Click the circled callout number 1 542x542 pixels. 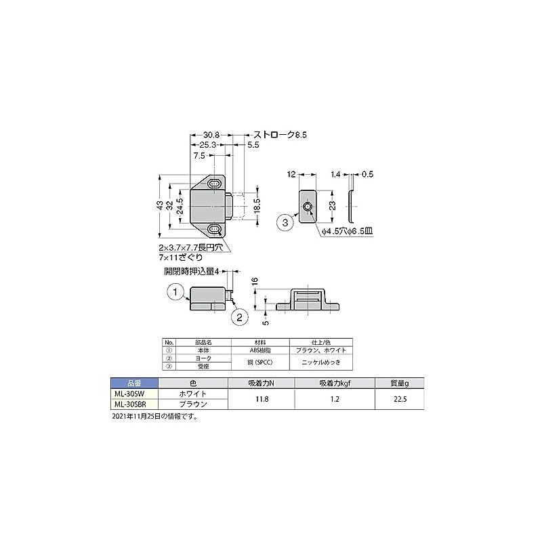click(x=175, y=292)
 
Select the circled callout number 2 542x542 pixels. click(x=238, y=316)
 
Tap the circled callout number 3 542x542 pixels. click(x=286, y=222)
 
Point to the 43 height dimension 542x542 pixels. click(x=160, y=205)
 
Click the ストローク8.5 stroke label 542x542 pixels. click(x=280, y=135)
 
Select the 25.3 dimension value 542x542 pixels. click(x=207, y=145)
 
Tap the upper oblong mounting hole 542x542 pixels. click(x=215, y=184)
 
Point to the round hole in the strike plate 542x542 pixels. click(x=308, y=207)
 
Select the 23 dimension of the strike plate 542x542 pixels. click(x=331, y=205)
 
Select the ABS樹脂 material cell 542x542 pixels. click(x=261, y=350)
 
